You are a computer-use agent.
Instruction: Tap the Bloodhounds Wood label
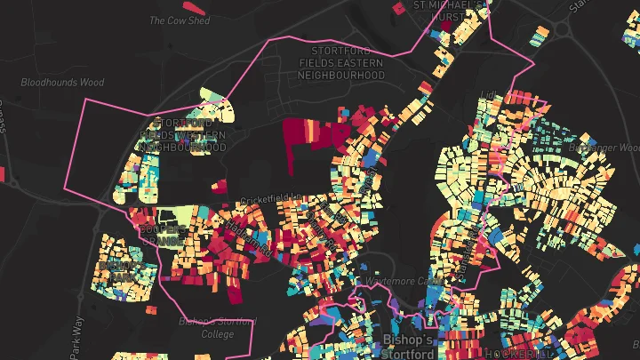[62, 82]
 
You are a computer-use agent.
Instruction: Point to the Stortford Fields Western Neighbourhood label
[183, 134]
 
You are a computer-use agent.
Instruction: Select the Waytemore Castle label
[404, 280]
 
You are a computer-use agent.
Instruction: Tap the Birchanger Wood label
[604, 147]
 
